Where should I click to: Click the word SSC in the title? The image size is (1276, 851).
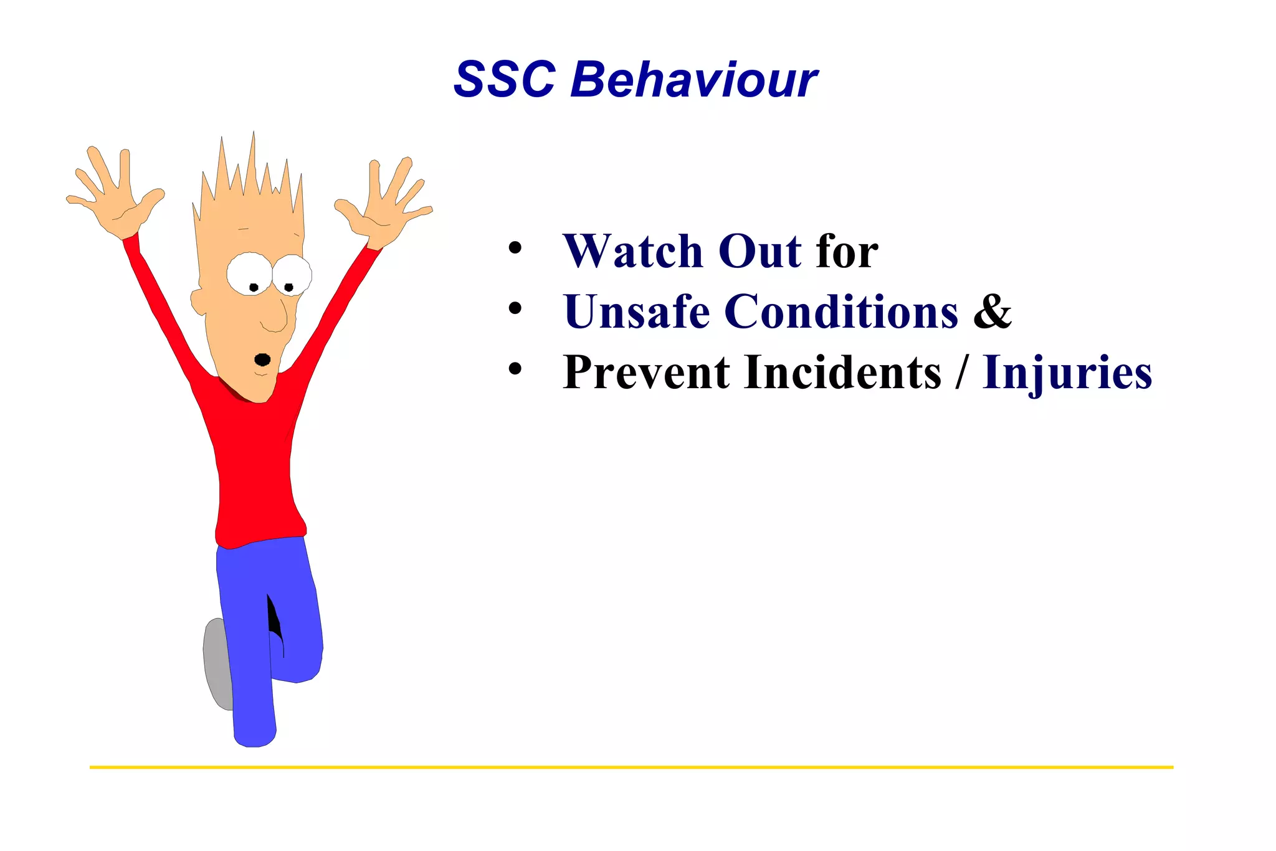pyautogui.click(x=504, y=80)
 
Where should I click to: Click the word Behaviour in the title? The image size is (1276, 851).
pyautogui.click(x=693, y=80)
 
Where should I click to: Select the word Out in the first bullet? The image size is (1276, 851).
pyautogui.click(x=759, y=251)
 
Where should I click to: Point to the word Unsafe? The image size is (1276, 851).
pyautogui.click(x=636, y=311)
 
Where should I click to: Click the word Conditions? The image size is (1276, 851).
pyautogui.click(x=841, y=311)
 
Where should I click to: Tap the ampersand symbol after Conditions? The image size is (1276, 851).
pyautogui.click(x=993, y=311)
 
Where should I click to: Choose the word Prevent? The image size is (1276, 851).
pyautogui.click(x=646, y=373)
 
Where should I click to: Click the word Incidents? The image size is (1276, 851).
pyautogui.click(x=842, y=373)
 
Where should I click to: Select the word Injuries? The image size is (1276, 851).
pyautogui.click(x=1067, y=373)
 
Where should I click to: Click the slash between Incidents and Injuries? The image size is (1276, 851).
pyautogui.click(x=963, y=373)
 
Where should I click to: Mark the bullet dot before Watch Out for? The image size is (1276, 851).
pyautogui.click(x=515, y=248)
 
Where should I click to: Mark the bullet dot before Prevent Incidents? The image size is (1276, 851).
pyautogui.click(x=515, y=369)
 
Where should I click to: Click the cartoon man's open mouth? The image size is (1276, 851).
pyautogui.click(x=263, y=359)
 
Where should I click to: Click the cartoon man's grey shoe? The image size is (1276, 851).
pyautogui.click(x=216, y=663)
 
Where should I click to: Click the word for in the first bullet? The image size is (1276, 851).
pyautogui.click(x=847, y=251)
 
